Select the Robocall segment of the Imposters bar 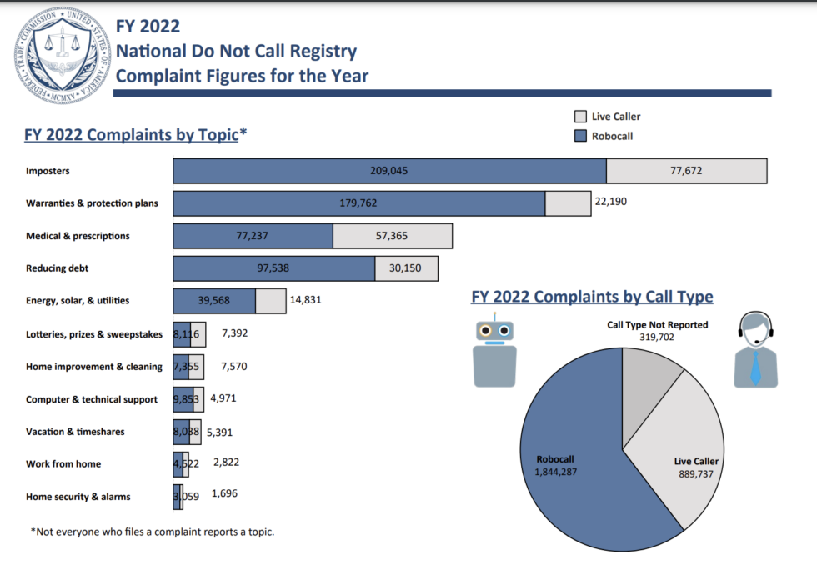[x=389, y=171]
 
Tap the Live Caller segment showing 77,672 [x=686, y=171]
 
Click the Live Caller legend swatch [x=581, y=117]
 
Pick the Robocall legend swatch [x=581, y=136]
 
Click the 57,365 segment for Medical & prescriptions [x=392, y=236]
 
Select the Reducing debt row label [x=58, y=268]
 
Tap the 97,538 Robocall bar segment [x=273, y=268]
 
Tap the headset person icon [x=755, y=350]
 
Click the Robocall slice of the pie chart [x=575, y=467]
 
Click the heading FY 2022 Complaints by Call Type [x=592, y=297]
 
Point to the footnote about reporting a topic [x=153, y=532]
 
